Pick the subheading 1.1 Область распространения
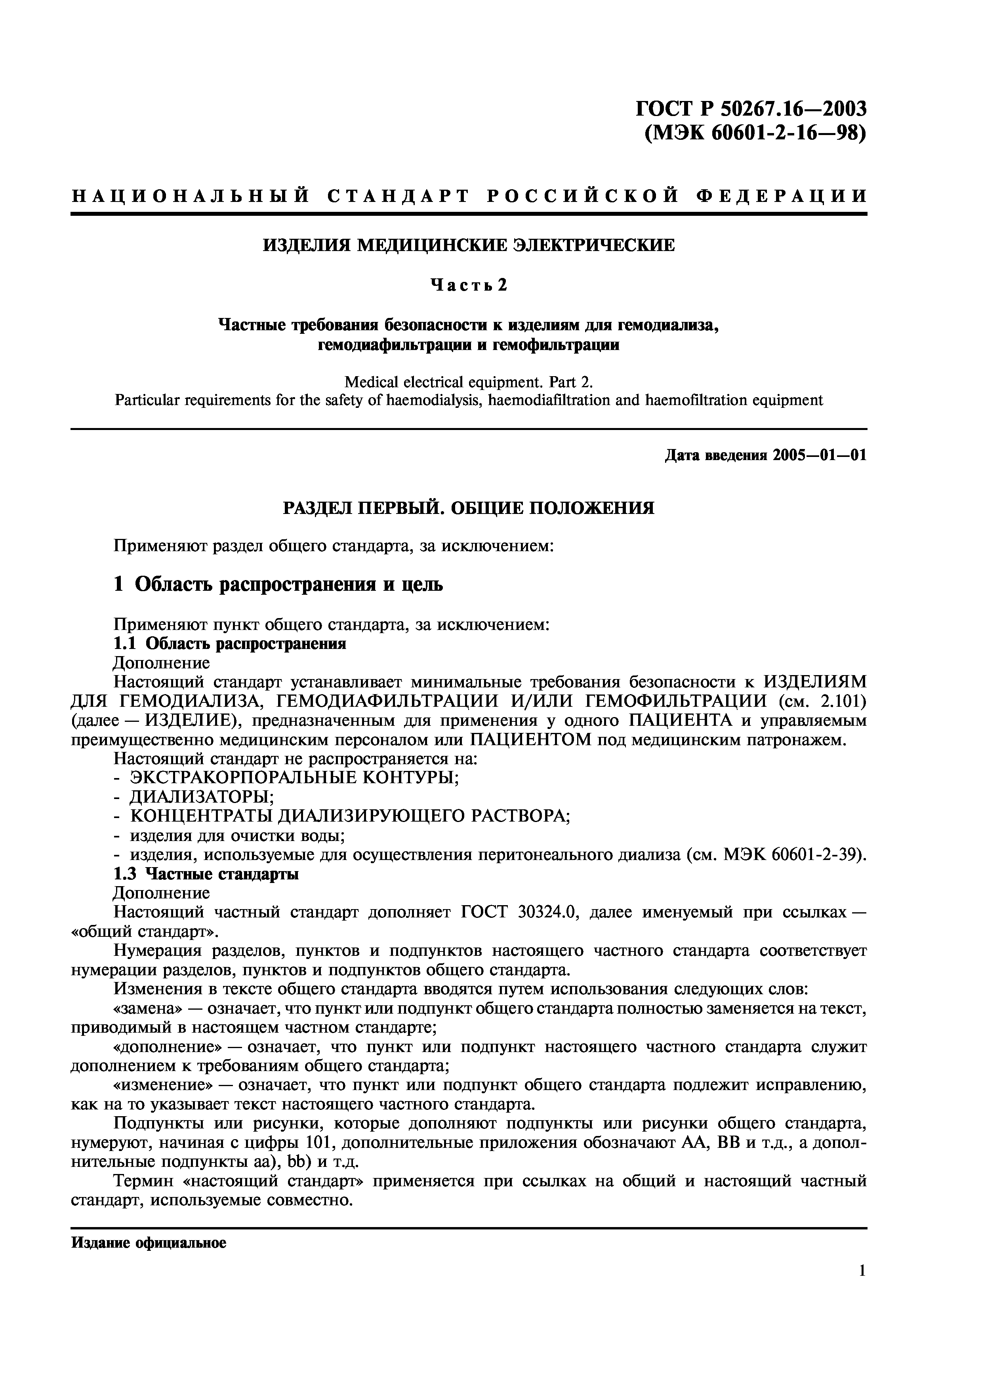click(230, 644)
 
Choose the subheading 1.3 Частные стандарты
click(206, 874)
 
